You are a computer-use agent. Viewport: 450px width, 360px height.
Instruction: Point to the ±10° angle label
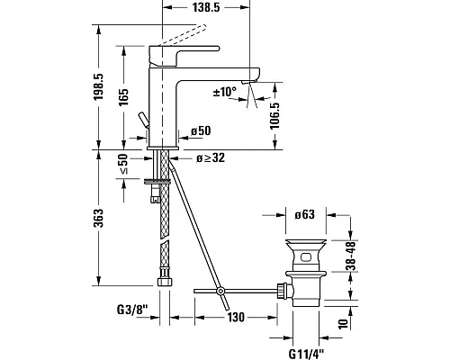coord(224,93)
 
